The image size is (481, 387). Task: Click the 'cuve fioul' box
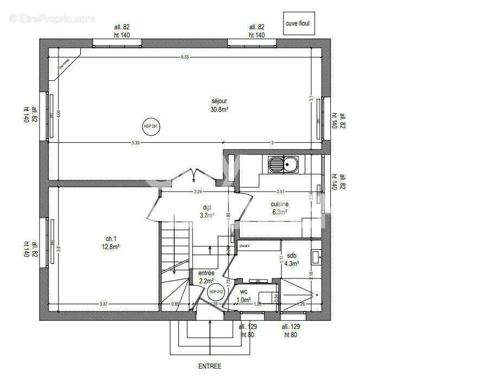click(298, 24)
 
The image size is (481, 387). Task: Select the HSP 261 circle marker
click(151, 126)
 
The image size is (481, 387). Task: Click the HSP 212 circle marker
click(216, 291)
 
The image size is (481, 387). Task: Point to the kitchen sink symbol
click(283, 163)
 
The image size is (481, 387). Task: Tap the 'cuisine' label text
click(280, 205)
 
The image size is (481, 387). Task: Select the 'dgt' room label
click(207, 207)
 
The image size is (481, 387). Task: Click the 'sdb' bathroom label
click(292, 256)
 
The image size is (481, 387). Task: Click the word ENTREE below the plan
click(209, 366)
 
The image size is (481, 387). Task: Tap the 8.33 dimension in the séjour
click(185, 57)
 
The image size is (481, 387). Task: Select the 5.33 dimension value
click(136, 143)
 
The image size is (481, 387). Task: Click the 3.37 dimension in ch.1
click(103, 304)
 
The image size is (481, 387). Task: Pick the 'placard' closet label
click(245, 246)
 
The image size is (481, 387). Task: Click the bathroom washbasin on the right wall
click(316, 256)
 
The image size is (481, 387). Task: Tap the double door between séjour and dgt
click(194, 175)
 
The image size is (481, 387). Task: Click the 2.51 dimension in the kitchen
click(280, 192)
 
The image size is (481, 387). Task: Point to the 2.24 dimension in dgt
click(198, 192)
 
